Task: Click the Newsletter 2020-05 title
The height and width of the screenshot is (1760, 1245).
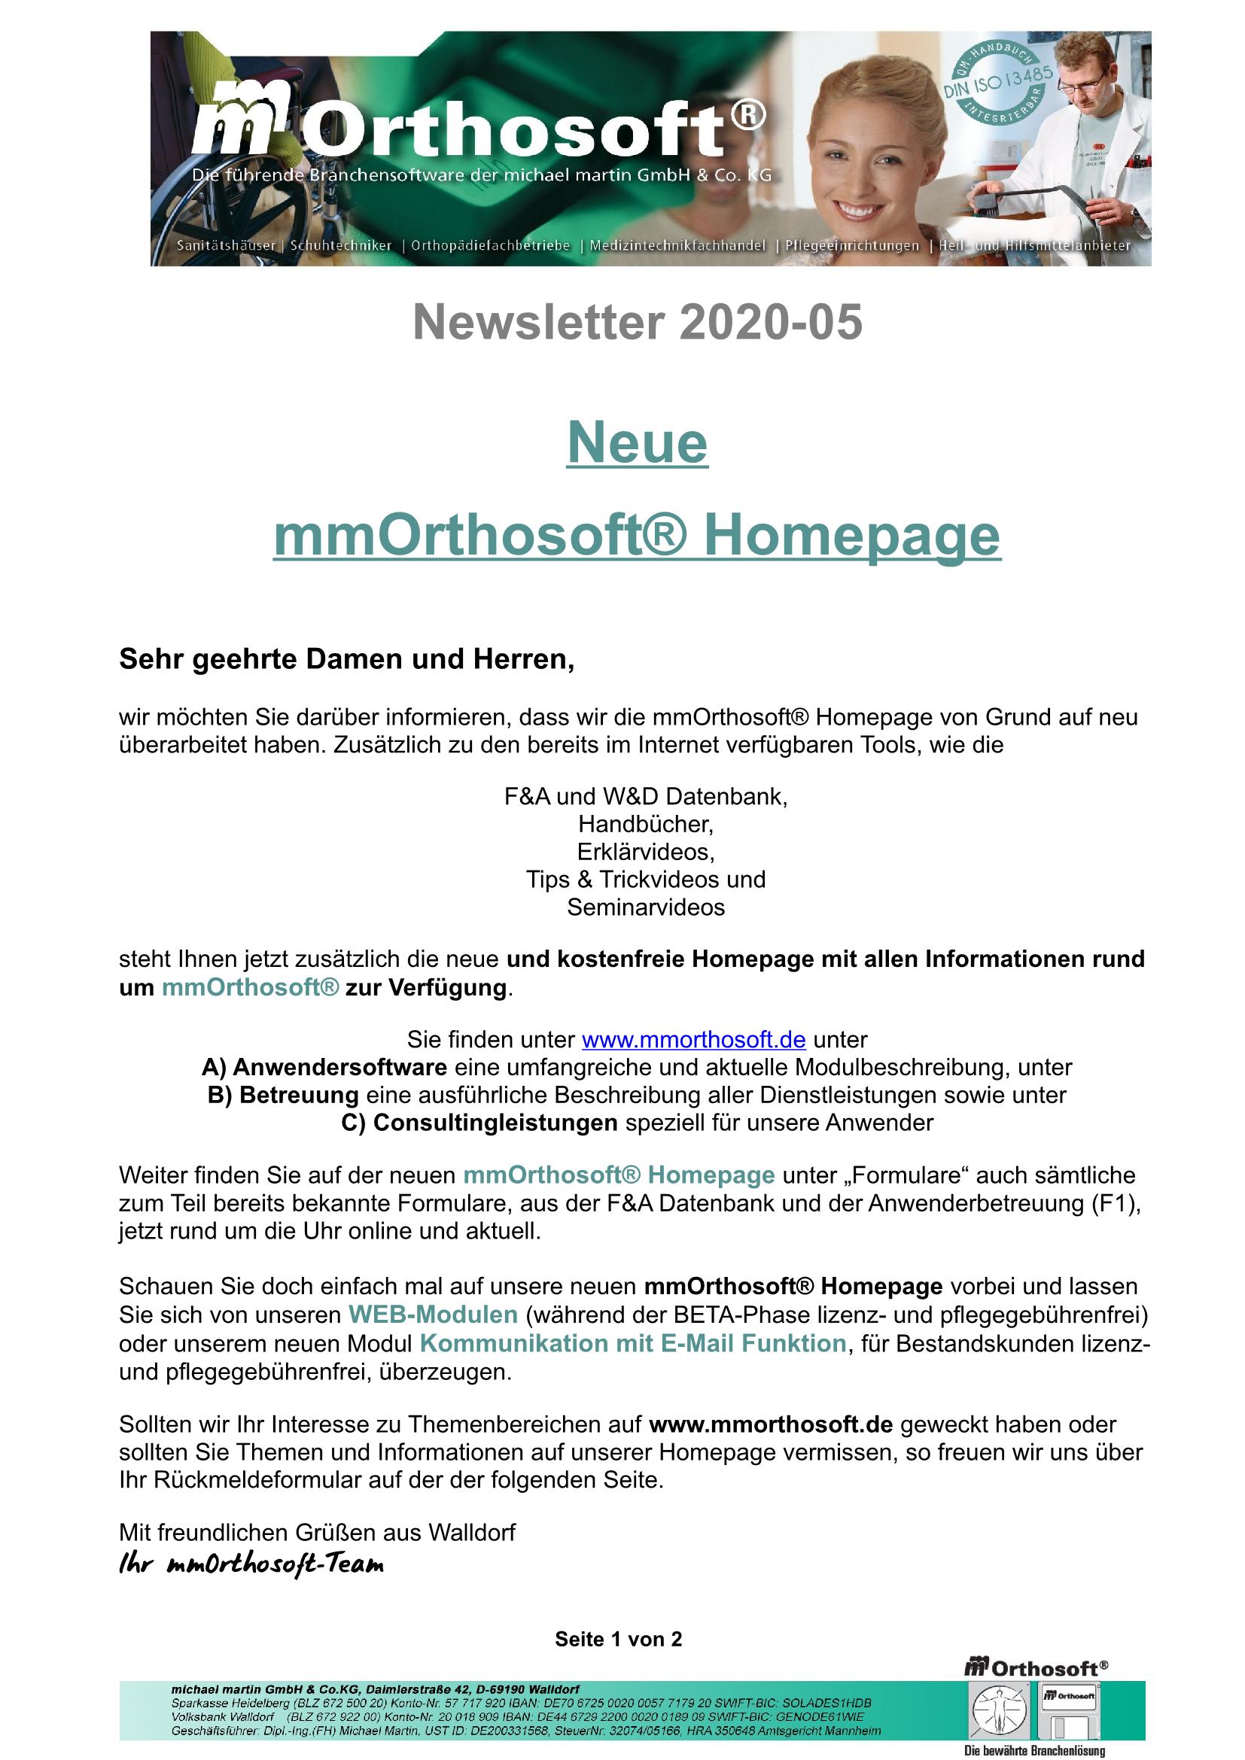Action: click(x=637, y=322)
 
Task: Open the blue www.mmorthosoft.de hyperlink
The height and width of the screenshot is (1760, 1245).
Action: click(x=693, y=1040)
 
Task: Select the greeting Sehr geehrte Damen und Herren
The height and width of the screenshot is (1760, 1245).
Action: click(x=346, y=659)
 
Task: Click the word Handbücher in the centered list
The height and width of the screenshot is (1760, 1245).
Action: click(x=646, y=824)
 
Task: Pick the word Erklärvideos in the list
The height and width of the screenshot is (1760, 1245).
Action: click(x=646, y=852)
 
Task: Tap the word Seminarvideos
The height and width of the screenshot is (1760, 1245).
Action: click(x=646, y=907)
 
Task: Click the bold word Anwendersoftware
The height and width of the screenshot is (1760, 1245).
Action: click(x=339, y=1067)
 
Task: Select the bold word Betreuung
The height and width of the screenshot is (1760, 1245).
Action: click(x=299, y=1095)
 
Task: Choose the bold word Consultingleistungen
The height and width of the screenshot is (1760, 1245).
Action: click(x=495, y=1123)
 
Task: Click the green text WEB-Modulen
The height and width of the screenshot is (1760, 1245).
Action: click(x=433, y=1315)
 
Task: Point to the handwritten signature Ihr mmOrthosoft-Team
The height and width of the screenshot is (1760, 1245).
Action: click(x=251, y=1564)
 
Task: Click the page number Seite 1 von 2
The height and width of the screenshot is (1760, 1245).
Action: click(x=618, y=1639)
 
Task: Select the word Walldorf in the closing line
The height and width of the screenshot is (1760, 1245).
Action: click(x=471, y=1532)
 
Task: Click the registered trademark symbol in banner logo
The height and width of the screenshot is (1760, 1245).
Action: click(x=747, y=116)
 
